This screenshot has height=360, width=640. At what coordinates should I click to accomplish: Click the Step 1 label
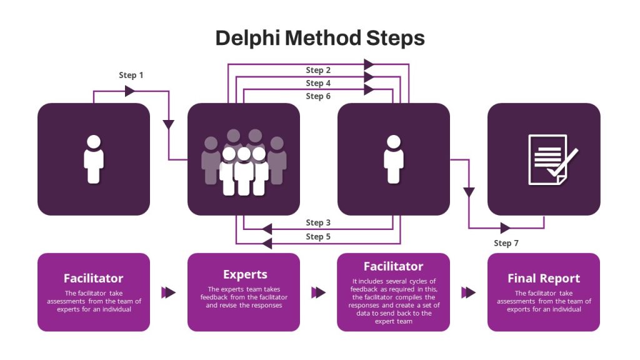pos(131,75)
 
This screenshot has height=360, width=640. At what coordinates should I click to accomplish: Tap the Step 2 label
pos(318,70)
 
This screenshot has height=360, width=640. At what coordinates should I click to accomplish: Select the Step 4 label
pos(318,83)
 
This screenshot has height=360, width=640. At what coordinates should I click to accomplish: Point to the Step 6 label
pos(318,96)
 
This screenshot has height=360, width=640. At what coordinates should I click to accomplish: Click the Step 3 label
pos(318,223)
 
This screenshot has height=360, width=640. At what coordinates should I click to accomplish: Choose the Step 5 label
pos(318,237)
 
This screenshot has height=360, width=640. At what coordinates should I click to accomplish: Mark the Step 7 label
pos(506,243)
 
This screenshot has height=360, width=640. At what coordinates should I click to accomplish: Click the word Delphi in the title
pos(247,38)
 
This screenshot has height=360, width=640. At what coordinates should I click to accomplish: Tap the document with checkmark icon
pos(552,159)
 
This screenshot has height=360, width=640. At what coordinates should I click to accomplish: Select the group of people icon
pos(244,162)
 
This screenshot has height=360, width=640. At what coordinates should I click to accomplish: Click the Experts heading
pos(245,274)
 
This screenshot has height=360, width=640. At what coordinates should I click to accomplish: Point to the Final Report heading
pos(544,278)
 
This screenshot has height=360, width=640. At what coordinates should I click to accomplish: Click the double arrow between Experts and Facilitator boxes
pos(318,292)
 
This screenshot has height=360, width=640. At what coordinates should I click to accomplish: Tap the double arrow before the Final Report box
pos(469,292)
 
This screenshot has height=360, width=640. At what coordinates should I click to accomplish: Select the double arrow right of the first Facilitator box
pos(168,292)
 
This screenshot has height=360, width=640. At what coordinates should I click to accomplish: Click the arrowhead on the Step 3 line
pos(267,229)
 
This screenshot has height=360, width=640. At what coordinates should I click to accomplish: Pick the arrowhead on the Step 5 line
pos(267,244)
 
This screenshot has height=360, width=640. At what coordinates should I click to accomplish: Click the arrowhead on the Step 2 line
pos(369,64)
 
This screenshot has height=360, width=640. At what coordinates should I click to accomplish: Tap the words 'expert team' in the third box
pos(394,322)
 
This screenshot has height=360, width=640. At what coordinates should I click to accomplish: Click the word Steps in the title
pos(396,38)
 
